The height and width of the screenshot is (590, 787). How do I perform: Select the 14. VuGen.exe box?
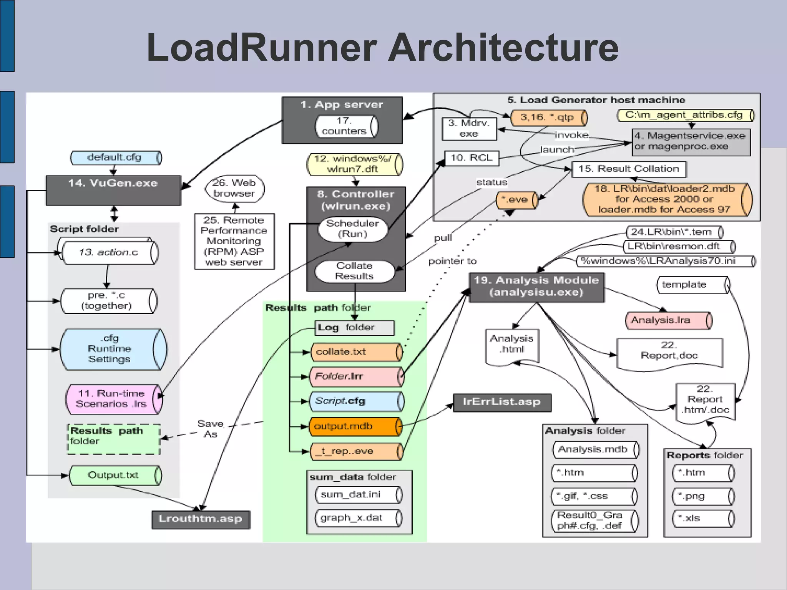coord(113,190)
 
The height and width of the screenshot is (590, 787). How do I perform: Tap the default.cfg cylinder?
coord(115,157)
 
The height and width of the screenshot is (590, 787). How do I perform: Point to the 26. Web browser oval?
coord(234,188)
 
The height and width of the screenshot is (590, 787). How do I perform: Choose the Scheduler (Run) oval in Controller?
coord(352,229)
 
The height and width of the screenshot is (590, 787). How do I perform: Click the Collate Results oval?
coord(354,271)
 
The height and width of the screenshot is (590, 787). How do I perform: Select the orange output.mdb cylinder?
coord(354,426)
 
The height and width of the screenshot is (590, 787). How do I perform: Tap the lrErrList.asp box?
coord(501,402)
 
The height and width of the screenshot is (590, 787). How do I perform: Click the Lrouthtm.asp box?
coord(200,519)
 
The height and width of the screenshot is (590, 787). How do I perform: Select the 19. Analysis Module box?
coord(536,287)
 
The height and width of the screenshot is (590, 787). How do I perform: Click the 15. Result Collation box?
coord(629,169)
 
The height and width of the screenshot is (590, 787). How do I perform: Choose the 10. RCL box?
coord(472,158)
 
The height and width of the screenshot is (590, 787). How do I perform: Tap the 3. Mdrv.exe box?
coord(469,129)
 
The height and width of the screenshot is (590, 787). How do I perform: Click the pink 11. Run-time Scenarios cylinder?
coord(113,399)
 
